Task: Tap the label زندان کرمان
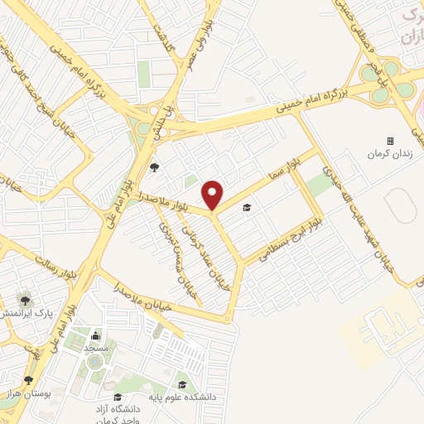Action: click(391, 154)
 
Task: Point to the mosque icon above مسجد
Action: click(95, 336)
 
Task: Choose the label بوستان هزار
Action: click(29, 394)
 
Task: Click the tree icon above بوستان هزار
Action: click(29, 380)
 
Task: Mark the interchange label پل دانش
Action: click(166, 122)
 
